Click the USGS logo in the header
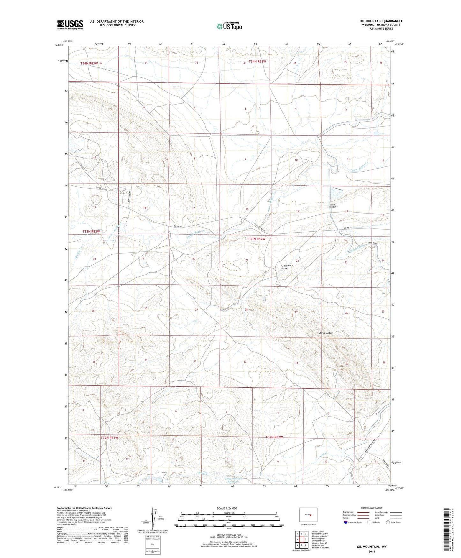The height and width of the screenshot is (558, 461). coord(70,25)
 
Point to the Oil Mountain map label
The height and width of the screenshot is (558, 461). coord(326,333)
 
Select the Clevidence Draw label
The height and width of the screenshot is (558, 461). coord(287,267)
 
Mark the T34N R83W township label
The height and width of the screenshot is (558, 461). coord(89,63)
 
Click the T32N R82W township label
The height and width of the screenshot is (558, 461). coord(274,437)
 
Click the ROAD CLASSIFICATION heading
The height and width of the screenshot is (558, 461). coord(372,508)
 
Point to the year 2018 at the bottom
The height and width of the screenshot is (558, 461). coord(372,552)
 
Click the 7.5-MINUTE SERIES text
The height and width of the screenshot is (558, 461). coord(390,28)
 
